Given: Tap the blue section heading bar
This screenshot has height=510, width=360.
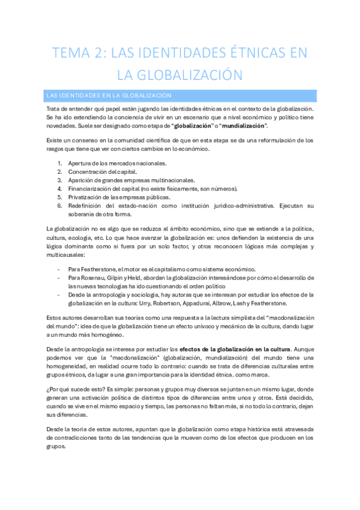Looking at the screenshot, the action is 180,95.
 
